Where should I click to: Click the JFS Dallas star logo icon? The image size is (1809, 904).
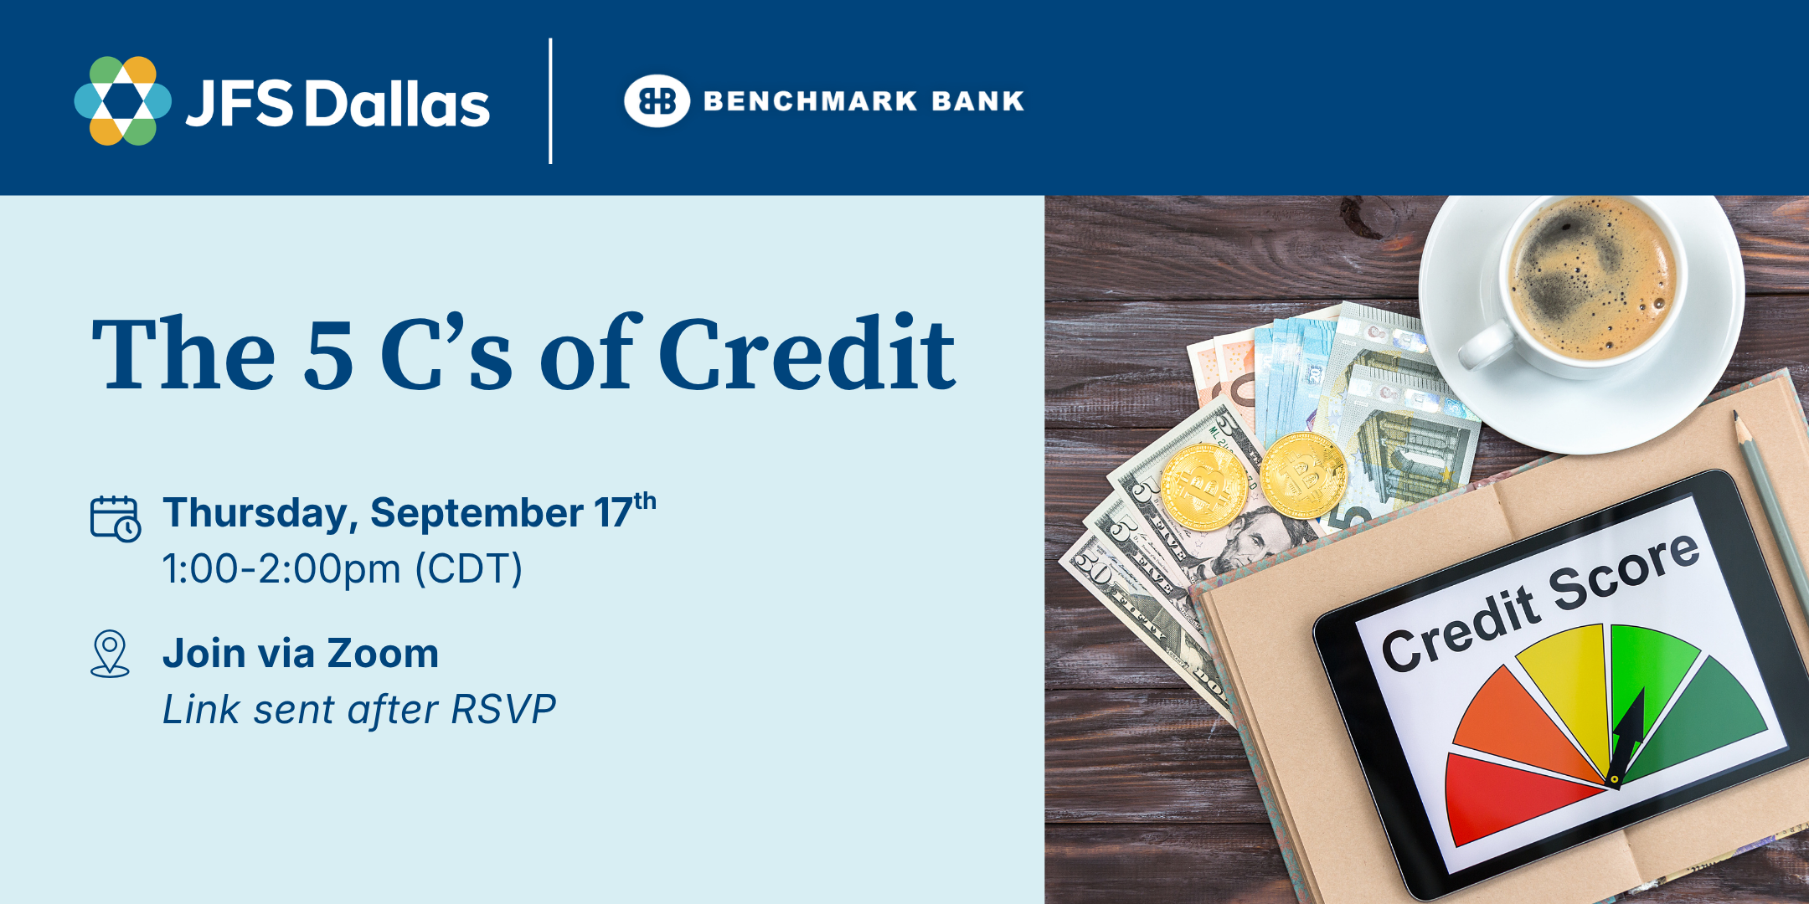[x=123, y=100]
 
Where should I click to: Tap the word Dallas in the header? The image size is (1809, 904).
[x=397, y=104]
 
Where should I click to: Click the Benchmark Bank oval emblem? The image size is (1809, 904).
[x=657, y=100]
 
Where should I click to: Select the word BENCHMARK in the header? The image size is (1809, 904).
[x=810, y=101]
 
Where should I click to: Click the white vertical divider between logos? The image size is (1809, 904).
[x=550, y=100]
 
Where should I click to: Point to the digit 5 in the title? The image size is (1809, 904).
[x=328, y=355]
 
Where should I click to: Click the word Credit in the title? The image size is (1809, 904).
[x=807, y=352]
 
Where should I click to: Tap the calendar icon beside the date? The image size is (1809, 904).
[x=116, y=518]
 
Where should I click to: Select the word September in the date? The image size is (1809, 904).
[x=477, y=514]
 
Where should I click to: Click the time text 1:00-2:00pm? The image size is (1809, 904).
[x=281, y=569]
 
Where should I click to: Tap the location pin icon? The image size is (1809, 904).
[x=110, y=653]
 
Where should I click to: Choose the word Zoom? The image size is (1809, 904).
[x=383, y=654]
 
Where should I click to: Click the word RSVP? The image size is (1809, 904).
[x=503, y=710]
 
